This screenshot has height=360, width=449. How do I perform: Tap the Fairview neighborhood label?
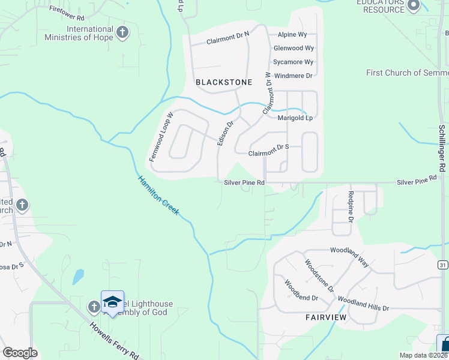click(326, 317)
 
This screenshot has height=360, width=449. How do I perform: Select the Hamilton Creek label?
click(158, 195)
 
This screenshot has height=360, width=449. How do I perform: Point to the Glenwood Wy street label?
click(294, 48)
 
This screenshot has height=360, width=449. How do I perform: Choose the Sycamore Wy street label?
click(293, 62)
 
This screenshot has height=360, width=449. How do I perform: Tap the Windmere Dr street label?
click(293, 76)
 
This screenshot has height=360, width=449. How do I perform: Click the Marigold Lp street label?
click(295, 118)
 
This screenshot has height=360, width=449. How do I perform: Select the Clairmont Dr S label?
click(270, 146)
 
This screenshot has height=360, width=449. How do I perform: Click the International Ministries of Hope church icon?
click(122, 32)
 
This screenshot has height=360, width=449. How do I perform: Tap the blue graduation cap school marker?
click(112, 303)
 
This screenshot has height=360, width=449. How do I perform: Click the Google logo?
click(20, 353)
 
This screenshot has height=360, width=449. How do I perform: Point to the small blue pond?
click(78, 277)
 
